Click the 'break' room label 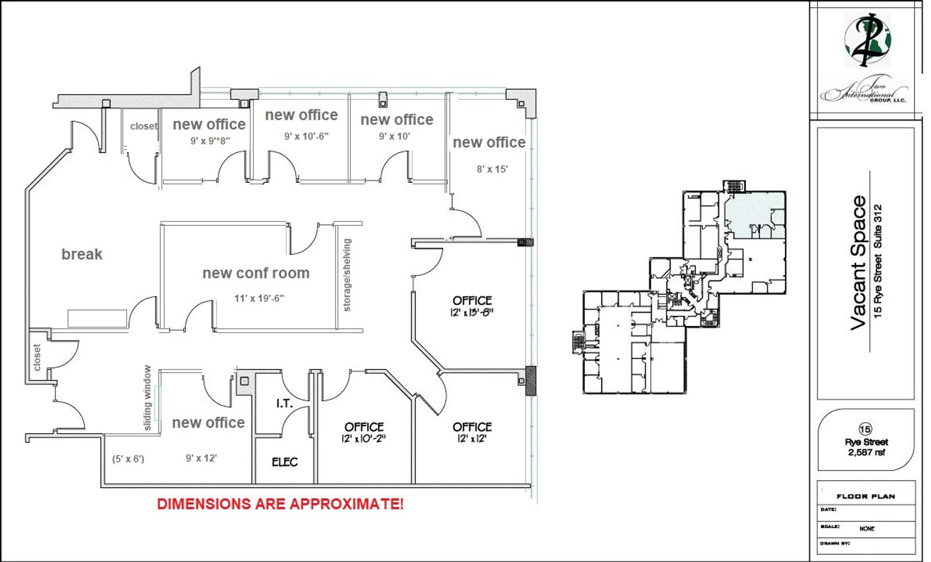click(82, 254)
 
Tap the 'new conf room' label click(256, 273)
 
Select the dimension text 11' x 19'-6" click(259, 298)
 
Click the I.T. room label click(285, 403)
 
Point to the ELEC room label click(285, 462)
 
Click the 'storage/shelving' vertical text click(347, 275)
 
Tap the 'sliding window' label click(148, 398)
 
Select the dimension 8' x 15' click(492, 169)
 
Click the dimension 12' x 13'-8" click(472, 312)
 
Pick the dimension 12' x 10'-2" click(364, 439)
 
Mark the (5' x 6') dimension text click(128, 459)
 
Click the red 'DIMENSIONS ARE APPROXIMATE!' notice click(280, 504)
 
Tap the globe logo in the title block click(868, 40)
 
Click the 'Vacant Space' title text click(859, 263)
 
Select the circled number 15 click(865, 429)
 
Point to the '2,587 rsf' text click(866, 452)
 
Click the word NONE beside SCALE click(867, 529)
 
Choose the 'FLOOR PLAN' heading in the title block click(866, 496)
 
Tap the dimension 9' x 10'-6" click(306, 136)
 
